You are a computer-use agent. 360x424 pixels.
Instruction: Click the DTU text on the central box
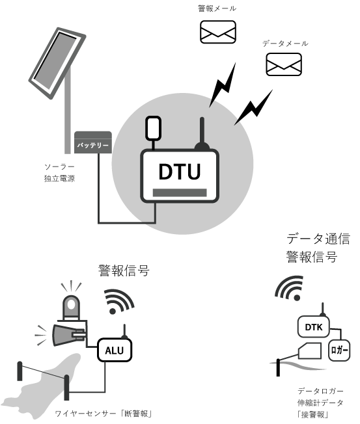pyautogui.click(x=180, y=172)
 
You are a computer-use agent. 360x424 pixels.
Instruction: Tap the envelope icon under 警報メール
pyautogui.click(x=218, y=32)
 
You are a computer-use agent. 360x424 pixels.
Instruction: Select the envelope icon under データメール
pyautogui.click(x=284, y=64)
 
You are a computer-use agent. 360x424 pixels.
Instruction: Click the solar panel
pyautogui.click(x=57, y=63)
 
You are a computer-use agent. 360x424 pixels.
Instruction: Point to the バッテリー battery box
pyautogui.click(x=93, y=142)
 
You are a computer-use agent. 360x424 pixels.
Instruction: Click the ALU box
pyautogui.click(x=115, y=350)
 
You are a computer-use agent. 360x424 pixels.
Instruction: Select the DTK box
pyautogui.click(x=314, y=326)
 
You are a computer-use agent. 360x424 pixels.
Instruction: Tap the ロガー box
pyautogui.click(x=339, y=350)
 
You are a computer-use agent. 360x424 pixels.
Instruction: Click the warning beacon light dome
pyautogui.click(x=71, y=308)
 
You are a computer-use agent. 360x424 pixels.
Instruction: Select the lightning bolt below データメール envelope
pyautogui.click(x=253, y=107)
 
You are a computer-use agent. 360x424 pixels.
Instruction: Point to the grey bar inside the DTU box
pyautogui.click(x=180, y=192)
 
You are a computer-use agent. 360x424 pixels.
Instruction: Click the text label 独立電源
pyautogui.click(x=59, y=178)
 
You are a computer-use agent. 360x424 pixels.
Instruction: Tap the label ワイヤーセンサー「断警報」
pyautogui.click(x=104, y=414)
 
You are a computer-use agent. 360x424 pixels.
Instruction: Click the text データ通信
pyautogui.click(x=318, y=239)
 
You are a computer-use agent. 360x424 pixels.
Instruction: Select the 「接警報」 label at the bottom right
pyautogui.click(x=313, y=414)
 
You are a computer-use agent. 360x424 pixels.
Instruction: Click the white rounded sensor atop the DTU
pyautogui.click(x=153, y=129)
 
